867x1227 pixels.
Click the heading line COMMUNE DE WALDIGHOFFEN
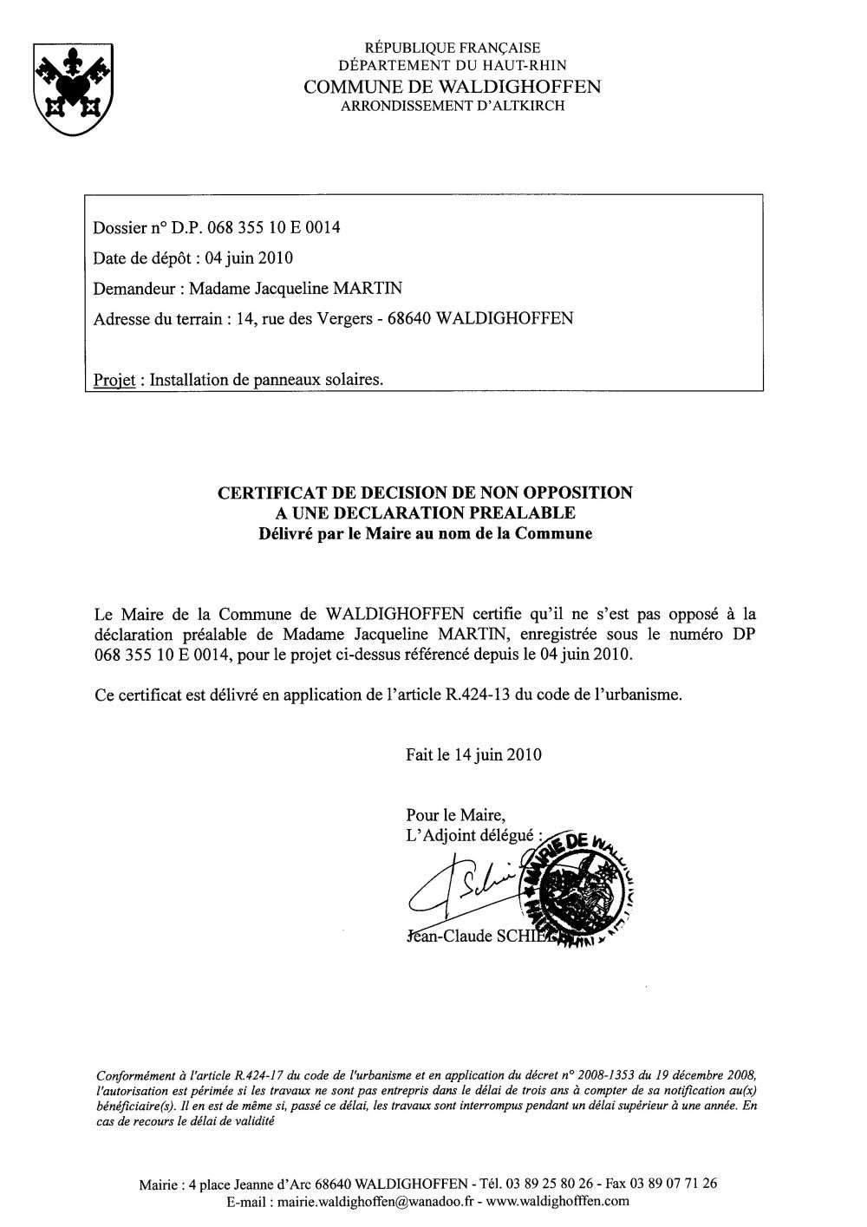[452, 87]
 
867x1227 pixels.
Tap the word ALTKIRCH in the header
[525, 106]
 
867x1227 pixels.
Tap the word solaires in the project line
[352, 380]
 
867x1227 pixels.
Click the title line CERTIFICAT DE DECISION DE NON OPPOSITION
[425, 493]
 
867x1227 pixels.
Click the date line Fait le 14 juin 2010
[473, 754]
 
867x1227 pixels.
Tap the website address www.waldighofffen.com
[557, 1202]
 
